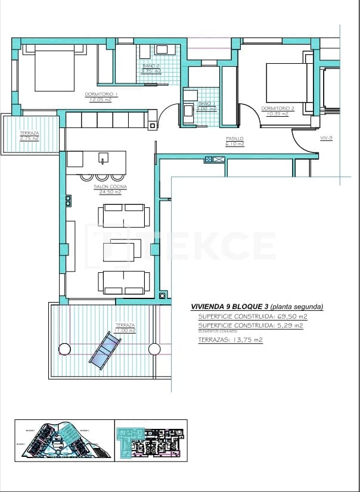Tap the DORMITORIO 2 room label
278,108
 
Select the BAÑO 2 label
151,66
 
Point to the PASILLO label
234,138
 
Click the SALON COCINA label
108,186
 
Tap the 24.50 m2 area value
108,192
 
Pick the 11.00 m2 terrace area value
125,330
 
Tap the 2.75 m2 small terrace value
29,138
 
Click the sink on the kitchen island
103,159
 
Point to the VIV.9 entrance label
326,138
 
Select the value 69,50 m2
291,316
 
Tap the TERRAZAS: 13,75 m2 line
230,340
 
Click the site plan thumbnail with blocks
64,440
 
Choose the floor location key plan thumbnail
151,440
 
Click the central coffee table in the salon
117,250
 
